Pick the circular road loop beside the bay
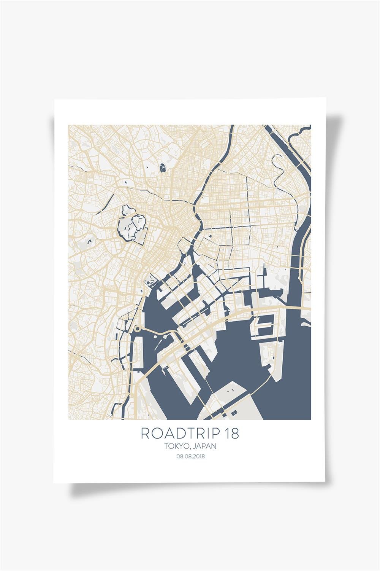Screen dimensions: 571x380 138,329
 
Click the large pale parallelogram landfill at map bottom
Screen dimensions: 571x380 236,400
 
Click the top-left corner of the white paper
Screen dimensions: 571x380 55,100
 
